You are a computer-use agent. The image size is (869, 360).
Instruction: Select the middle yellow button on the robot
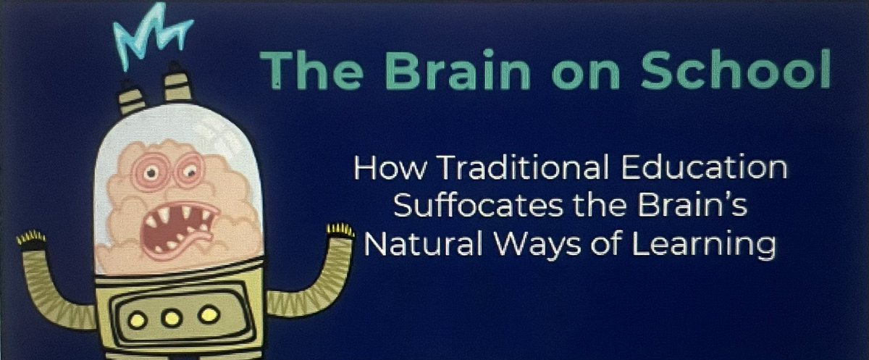pyautogui.click(x=172, y=317)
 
